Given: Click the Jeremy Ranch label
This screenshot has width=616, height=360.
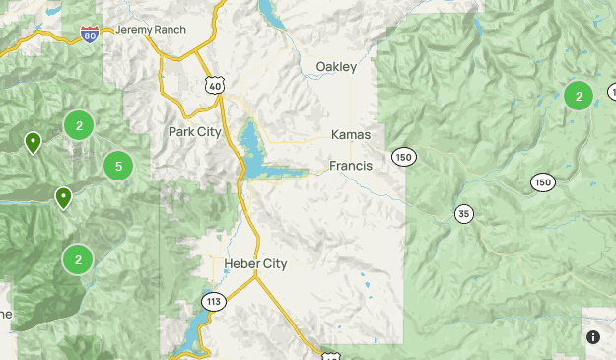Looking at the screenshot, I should point(150,29).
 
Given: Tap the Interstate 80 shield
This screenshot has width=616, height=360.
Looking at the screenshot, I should point(90,36).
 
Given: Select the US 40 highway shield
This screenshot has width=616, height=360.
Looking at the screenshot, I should point(216,86).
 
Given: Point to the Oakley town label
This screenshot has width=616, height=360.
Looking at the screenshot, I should point(336,67).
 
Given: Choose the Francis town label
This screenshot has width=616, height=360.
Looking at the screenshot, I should point(351,166).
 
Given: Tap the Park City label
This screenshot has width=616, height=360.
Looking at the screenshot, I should point(195,131).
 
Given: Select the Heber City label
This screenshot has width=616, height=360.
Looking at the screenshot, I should point(255,264).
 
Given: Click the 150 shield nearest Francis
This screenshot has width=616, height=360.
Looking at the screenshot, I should point(403,157).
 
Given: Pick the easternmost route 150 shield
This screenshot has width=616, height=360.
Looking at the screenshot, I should point(542,181).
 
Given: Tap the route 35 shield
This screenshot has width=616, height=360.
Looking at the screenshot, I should point(464,213).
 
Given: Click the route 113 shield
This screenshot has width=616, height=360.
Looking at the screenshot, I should point(213,300).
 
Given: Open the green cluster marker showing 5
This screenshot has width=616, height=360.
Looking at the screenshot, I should point(118,166).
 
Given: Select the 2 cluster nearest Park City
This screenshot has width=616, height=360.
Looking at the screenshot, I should point(79,125).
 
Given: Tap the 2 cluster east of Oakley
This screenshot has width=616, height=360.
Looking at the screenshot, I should point(579,96).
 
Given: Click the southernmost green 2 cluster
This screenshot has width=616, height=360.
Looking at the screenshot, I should point(78,260).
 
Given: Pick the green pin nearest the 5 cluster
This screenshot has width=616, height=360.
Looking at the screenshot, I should point(63,197).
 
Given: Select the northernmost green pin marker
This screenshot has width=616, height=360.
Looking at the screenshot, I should point(33,142).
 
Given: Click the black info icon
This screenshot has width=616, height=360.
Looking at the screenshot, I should point(593,337).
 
